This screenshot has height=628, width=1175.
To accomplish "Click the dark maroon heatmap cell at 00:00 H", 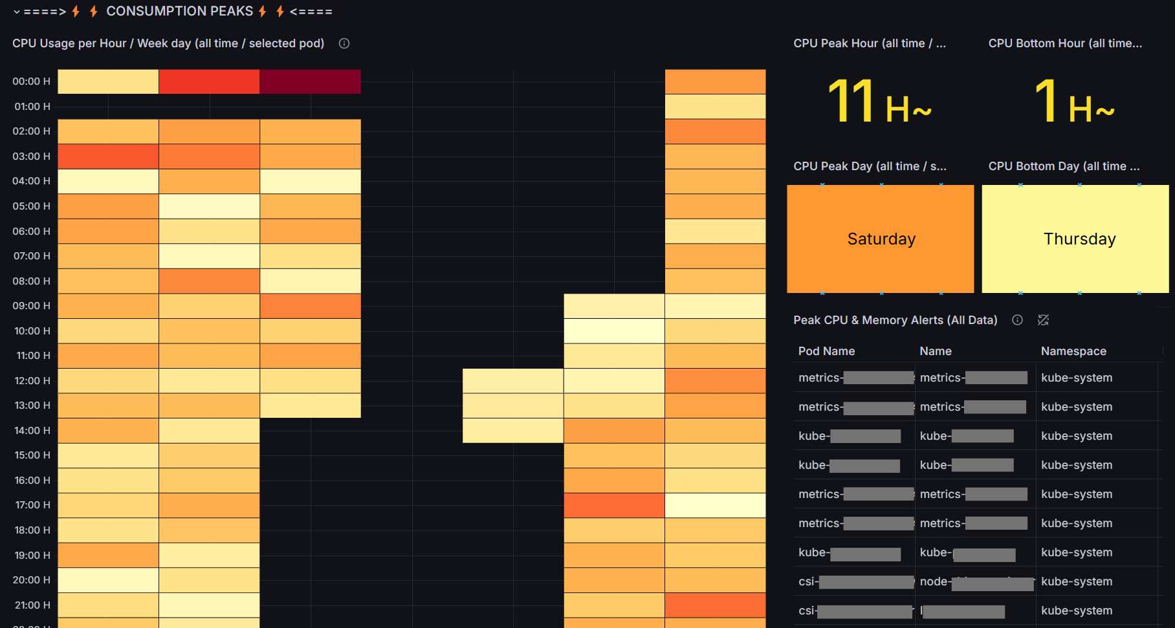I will pos(310,81).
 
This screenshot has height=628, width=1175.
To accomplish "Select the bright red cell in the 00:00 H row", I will pos(209,81).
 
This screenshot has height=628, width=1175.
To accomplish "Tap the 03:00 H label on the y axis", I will pos(31,156).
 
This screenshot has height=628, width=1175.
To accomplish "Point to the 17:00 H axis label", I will pos(32,504).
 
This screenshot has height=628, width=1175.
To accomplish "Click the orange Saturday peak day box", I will pos(880,239).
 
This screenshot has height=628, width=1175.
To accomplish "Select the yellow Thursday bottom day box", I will pos(1075,239).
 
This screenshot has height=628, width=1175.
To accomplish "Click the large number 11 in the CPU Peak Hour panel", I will pos(851,101).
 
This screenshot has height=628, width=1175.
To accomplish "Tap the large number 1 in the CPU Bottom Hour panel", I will pos(1046,101).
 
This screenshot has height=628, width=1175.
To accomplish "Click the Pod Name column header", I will pos(826,351).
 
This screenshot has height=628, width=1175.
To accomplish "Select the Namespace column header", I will pos(1073,351).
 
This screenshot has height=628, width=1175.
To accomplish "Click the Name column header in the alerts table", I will pos(936,351).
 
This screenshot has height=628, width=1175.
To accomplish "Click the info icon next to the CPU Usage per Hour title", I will pos(344,43).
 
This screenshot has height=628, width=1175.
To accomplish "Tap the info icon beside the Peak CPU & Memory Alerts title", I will pos(1017,320).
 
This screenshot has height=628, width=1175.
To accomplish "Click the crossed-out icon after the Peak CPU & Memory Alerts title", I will pos(1043,320).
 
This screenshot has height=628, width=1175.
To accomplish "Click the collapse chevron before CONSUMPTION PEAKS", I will pos(17,12).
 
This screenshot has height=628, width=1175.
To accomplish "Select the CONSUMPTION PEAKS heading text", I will pos(179,12).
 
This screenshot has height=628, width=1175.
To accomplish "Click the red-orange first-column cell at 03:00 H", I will pos(108,157).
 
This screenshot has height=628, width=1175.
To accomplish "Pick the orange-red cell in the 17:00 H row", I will pos(614,505).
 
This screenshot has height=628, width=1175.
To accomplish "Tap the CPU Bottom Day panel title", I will pos(1064,166).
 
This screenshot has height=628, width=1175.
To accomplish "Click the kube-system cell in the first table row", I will pos(1077,378).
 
